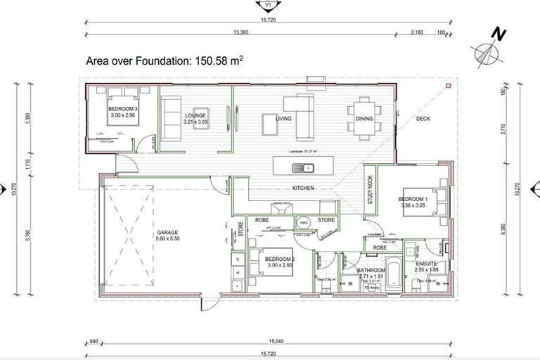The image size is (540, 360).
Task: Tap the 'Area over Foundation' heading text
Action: coord(164,61)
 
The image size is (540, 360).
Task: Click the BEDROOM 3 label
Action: coord(124,110)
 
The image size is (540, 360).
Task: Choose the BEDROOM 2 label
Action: coord(281,259)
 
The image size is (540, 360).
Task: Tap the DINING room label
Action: coord(364,119)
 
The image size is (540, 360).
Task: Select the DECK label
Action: coord(423,119)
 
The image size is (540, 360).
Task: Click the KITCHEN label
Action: coord(303,188)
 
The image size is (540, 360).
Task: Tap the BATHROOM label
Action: coord(371,270)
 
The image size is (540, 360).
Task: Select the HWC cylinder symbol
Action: coord(304,223)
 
